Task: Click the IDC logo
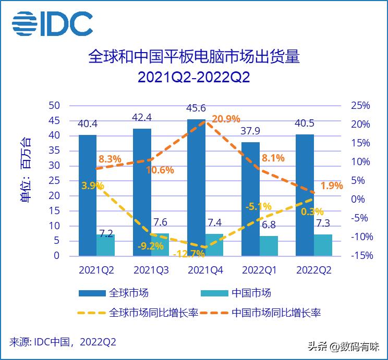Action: (52, 23)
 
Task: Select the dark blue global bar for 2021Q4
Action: (196, 188)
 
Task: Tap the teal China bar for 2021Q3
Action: (160, 244)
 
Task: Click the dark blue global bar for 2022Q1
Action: (250, 198)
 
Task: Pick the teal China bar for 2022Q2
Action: (323, 245)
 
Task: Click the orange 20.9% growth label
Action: (225, 119)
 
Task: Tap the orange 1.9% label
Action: (332, 185)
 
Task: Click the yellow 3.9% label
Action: (93, 186)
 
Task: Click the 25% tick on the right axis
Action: (360, 106)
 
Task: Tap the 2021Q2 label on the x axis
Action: (96, 270)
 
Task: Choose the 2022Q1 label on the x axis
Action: (260, 270)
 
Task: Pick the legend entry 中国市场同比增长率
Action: (276, 313)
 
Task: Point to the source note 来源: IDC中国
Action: (63, 342)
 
